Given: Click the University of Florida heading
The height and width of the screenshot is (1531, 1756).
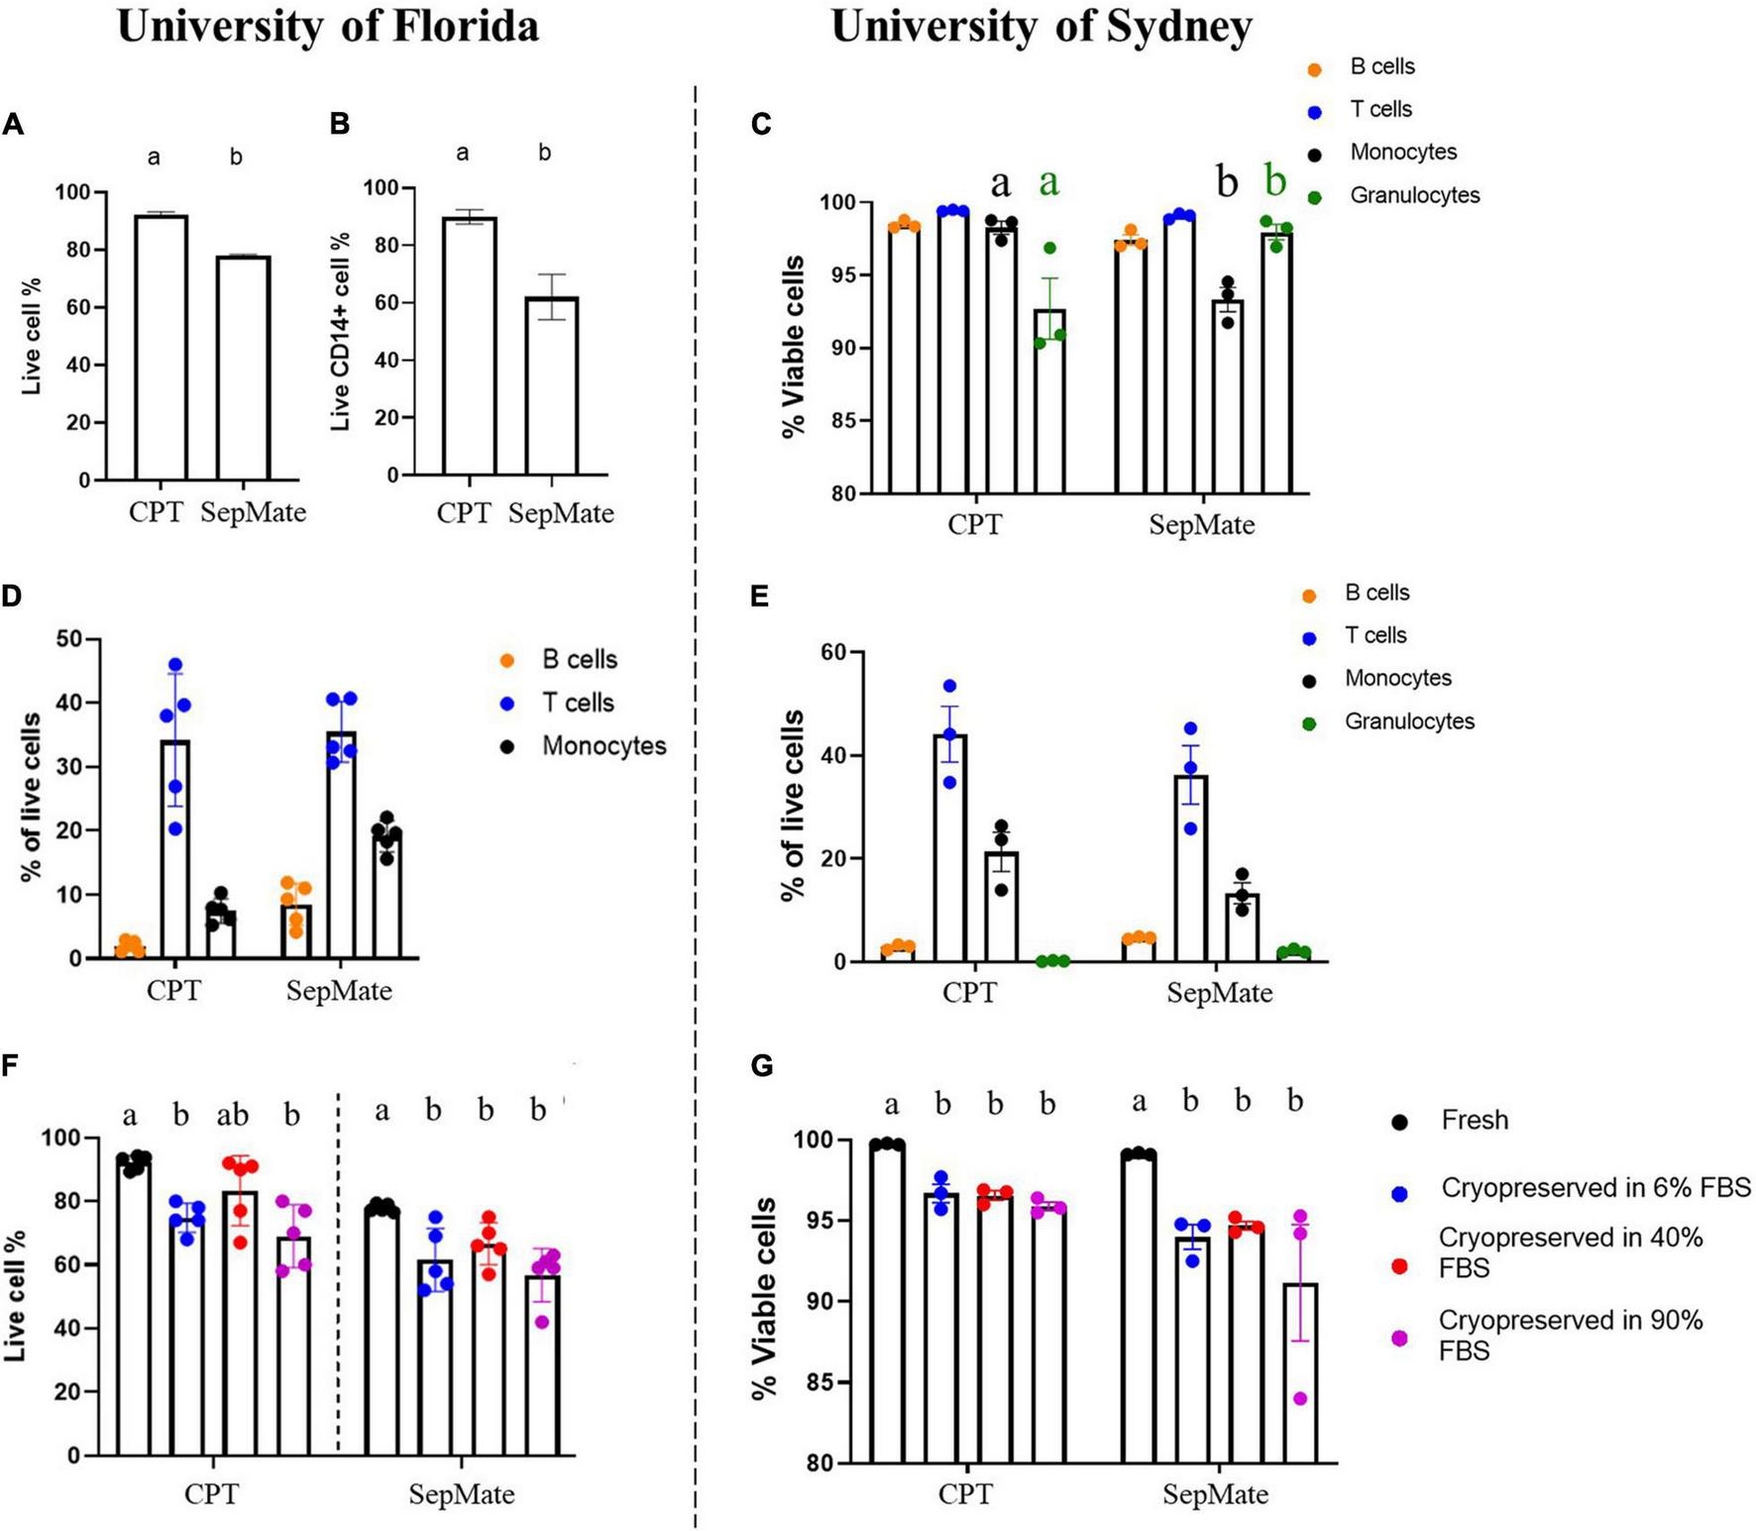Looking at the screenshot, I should [328, 27].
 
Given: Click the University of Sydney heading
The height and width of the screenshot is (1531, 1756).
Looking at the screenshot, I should [1041, 27].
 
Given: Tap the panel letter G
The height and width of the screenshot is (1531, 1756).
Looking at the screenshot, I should [762, 1066].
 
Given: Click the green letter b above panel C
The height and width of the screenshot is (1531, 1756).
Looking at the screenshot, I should [1275, 181].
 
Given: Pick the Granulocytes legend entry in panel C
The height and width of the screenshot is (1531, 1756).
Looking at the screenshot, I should [1413, 195].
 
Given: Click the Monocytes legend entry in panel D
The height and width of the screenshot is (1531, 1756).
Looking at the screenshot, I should [603, 746].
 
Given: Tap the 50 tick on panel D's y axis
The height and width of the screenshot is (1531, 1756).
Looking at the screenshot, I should [69, 639].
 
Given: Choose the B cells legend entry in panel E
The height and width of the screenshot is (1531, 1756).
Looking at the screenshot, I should [1375, 593].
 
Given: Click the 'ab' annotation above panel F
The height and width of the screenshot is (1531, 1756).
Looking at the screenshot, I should [233, 1116].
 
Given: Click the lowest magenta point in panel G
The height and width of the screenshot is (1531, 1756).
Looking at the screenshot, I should [1300, 1399].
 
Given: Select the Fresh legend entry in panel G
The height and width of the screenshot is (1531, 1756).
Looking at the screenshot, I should [1474, 1120].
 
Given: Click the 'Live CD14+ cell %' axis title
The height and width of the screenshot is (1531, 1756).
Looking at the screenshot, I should [340, 332].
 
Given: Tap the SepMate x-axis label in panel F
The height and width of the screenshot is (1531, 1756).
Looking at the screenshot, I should [461, 1494].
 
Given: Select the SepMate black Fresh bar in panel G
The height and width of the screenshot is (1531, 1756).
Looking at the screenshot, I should [1138, 1308].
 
